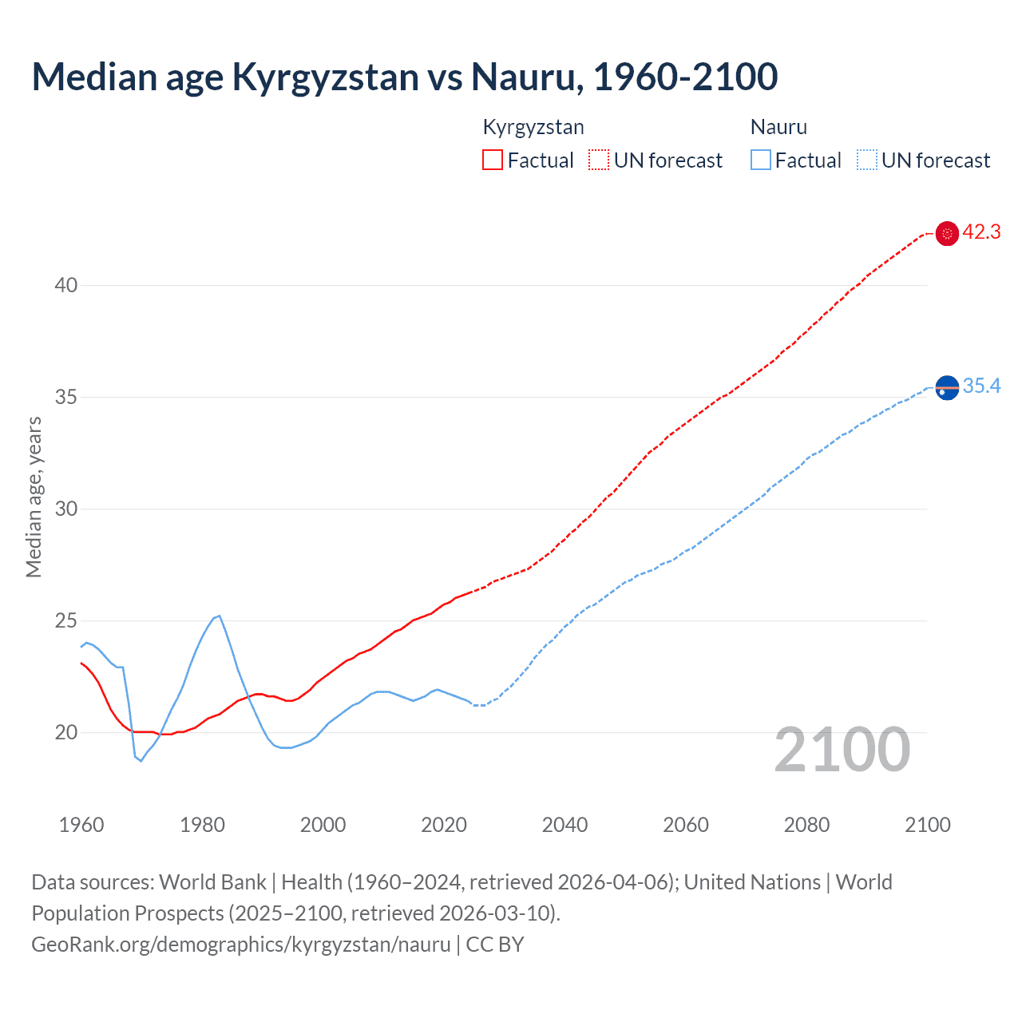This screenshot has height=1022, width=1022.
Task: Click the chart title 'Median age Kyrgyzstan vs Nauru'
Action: pyautogui.click(x=404, y=77)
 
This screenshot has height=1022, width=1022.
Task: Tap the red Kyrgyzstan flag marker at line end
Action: pyautogui.click(x=947, y=233)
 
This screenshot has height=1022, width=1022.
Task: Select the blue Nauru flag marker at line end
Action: pyautogui.click(x=947, y=388)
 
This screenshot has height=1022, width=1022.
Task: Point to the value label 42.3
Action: pyautogui.click(x=981, y=232)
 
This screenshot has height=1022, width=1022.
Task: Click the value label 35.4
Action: pyautogui.click(x=981, y=386)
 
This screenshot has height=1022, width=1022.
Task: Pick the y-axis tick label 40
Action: pyautogui.click(x=66, y=285)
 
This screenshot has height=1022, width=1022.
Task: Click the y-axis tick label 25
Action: pyautogui.click(x=66, y=620)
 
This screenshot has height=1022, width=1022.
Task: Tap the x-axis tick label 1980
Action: pyautogui.click(x=202, y=825)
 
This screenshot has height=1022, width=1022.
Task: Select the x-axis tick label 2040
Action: pyautogui.click(x=564, y=825)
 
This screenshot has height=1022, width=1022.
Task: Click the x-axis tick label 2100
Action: pyautogui.click(x=927, y=825)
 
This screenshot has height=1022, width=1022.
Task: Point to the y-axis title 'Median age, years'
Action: pyautogui.click(x=34, y=497)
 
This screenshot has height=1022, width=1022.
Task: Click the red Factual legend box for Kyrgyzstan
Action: pyautogui.click(x=493, y=160)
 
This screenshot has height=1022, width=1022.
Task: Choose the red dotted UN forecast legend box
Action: pyautogui.click(x=599, y=160)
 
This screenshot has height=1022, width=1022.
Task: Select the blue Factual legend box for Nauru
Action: pyautogui.click(x=760, y=160)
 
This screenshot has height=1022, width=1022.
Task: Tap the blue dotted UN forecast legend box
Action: pyautogui.click(x=866, y=160)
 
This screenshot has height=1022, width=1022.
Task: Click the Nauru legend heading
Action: pyautogui.click(x=778, y=127)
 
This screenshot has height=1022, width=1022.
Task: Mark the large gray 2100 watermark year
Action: pyautogui.click(x=842, y=750)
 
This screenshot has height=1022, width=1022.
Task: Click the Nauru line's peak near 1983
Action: pyautogui.click(x=219, y=616)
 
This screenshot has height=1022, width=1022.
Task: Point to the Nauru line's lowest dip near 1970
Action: pyautogui.click(x=141, y=760)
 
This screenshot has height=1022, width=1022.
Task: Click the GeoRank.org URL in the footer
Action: pyautogui.click(x=241, y=945)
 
